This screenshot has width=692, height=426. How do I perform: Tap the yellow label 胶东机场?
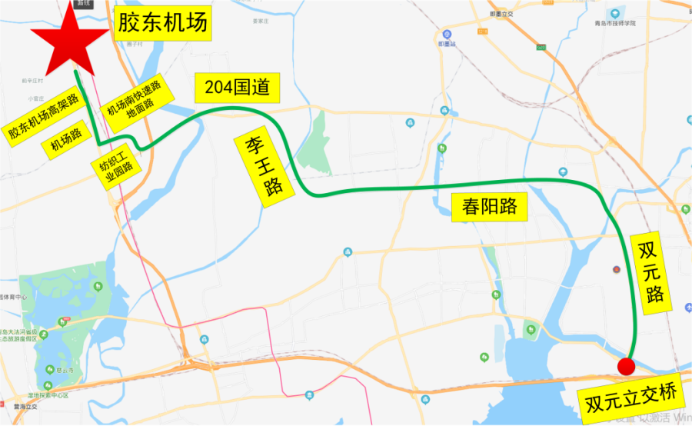tap(161, 25)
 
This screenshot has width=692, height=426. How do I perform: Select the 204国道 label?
tap(237, 88)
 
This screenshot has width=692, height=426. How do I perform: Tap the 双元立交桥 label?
tap(633, 398)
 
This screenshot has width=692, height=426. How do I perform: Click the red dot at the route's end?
tap(626, 365)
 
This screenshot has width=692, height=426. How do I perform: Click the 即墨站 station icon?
tap(447, 35)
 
